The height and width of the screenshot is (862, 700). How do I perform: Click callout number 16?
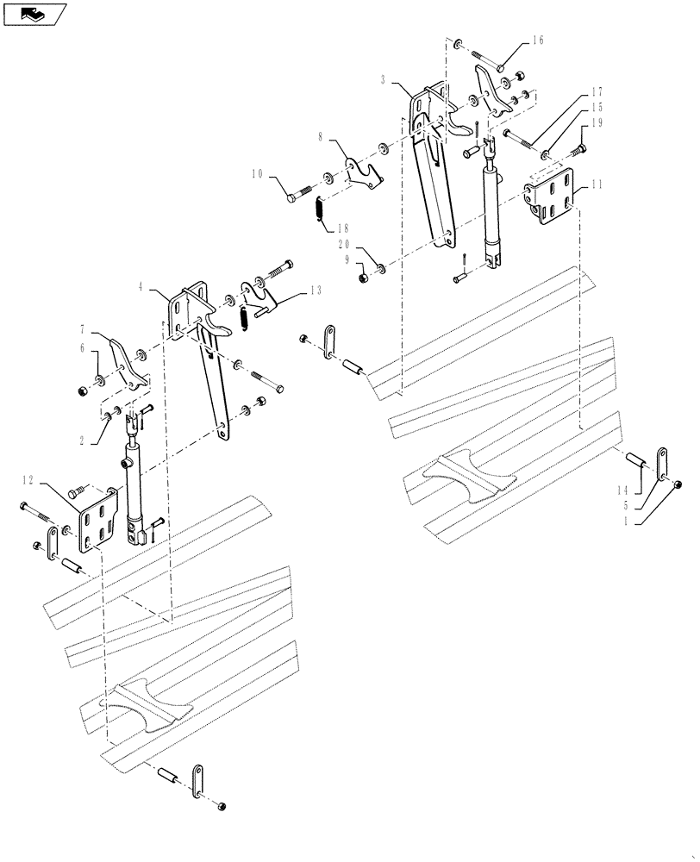click(x=538, y=41)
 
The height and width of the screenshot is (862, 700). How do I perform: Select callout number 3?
click(x=382, y=78)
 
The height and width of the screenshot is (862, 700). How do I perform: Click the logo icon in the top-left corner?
click(x=34, y=14)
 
